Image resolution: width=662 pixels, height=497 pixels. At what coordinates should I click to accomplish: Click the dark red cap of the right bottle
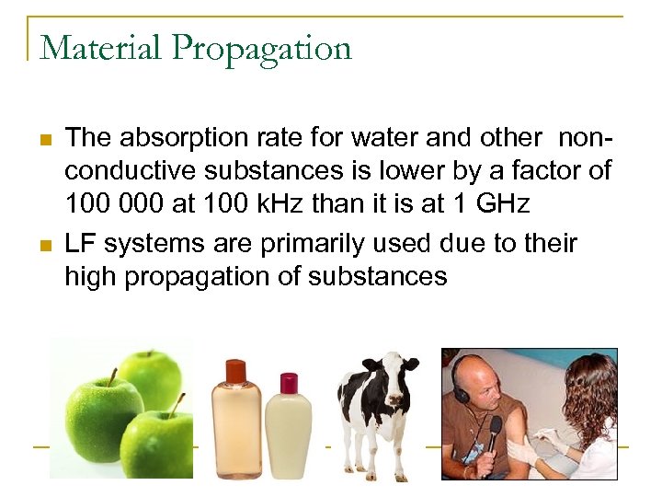coord(288,382)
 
